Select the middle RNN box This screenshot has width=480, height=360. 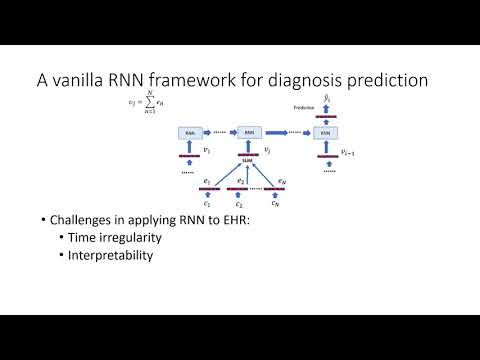click(x=249, y=131)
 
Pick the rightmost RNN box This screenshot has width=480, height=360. click(x=323, y=131)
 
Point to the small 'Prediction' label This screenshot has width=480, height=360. click(x=305, y=107)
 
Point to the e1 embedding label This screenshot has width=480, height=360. click(x=206, y=180)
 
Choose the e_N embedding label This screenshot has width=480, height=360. click(x=283, y=180)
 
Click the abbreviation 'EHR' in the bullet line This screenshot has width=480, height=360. click(x=236, y=219)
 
